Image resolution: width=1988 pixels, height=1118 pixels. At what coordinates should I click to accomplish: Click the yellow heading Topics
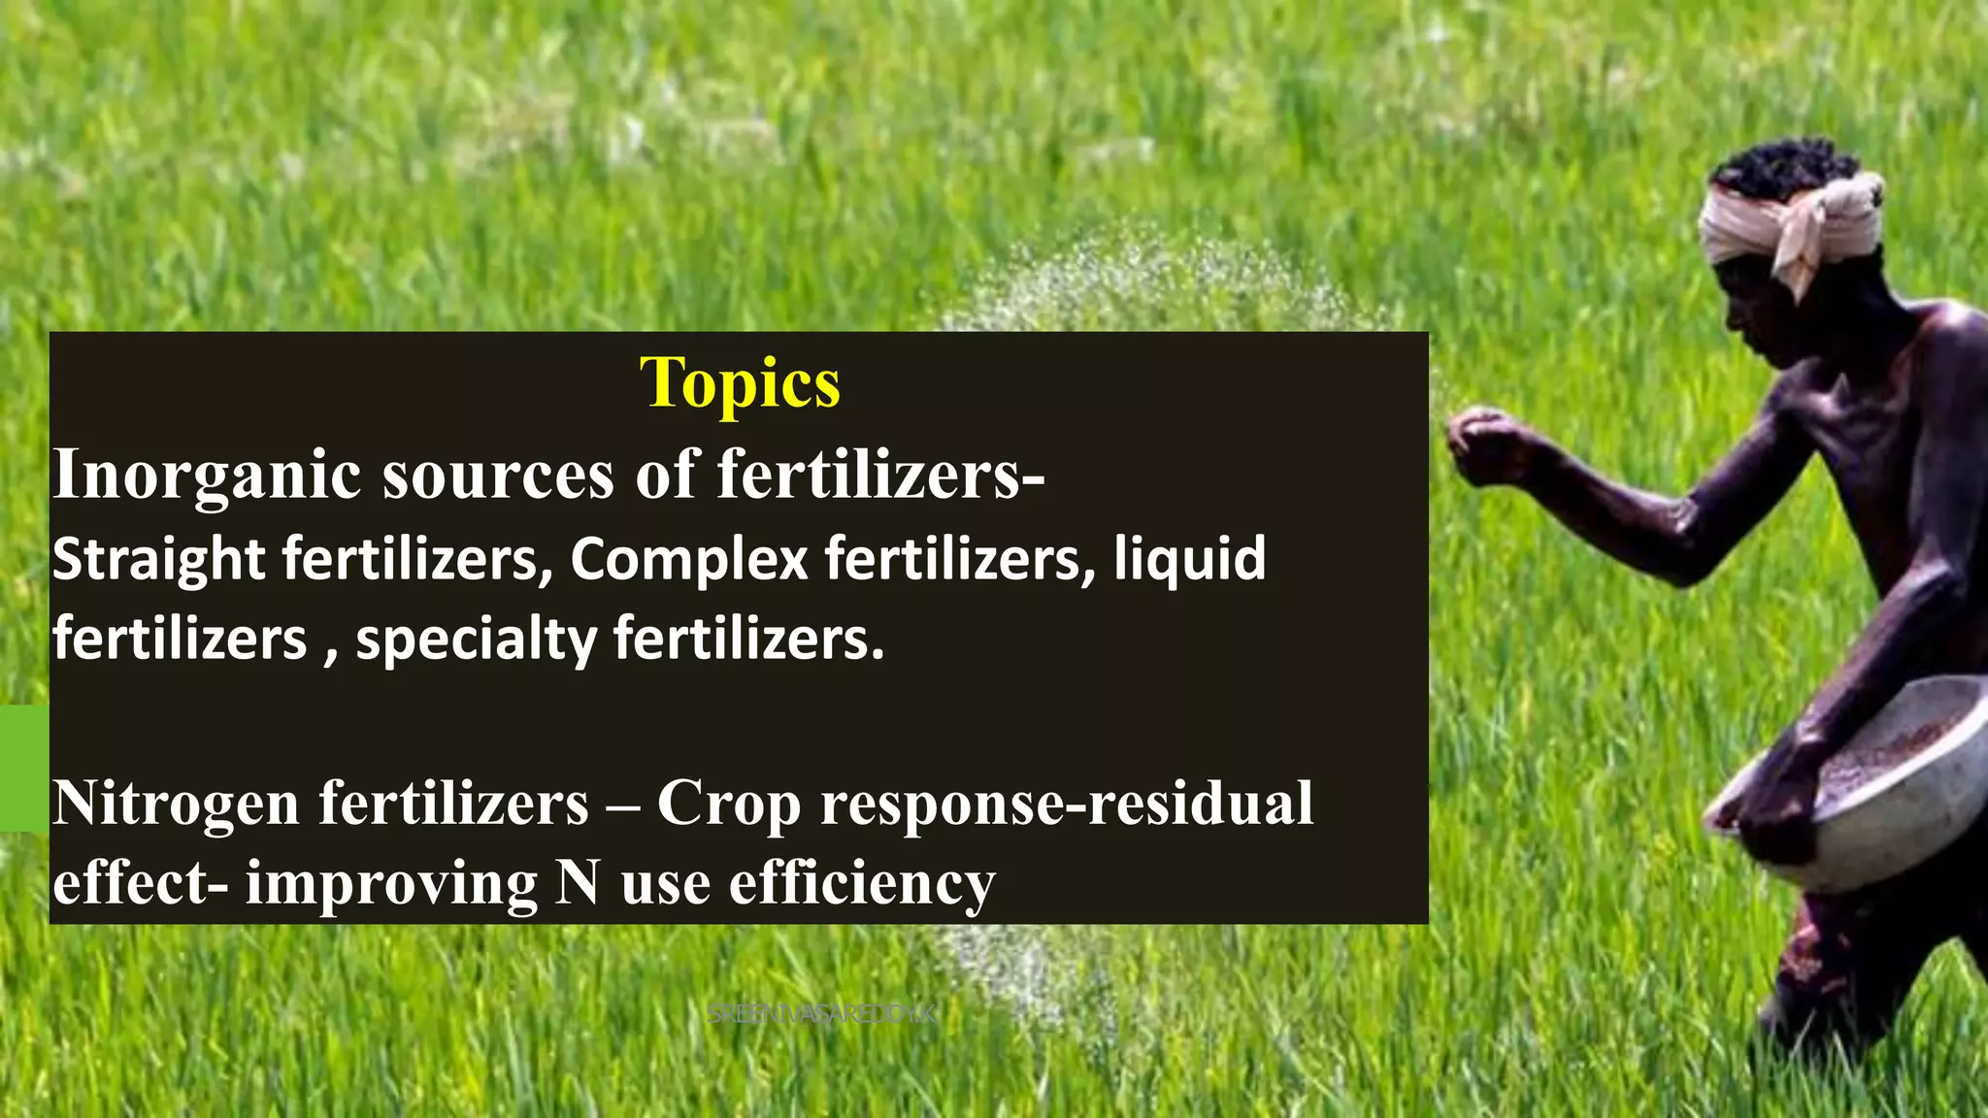coord(740,384)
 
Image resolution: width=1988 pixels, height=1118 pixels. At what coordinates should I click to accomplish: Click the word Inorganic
coord(206,475)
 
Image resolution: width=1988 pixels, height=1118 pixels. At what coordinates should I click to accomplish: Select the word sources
coord(498,475)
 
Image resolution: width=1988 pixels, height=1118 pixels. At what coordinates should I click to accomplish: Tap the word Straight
coord(158,560)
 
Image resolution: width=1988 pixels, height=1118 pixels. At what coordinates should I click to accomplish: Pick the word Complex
coord(688,560)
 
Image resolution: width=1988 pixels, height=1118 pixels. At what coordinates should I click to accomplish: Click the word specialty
coord(476,641)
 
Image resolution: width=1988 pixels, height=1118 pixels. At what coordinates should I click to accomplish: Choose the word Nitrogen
coord(176,805)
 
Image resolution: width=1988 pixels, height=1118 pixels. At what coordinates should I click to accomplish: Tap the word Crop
coord(728,805)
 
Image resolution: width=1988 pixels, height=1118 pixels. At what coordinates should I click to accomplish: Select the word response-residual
coord(1067,805)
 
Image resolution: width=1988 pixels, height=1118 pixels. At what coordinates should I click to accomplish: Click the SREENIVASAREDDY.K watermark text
coord(821,1015)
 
